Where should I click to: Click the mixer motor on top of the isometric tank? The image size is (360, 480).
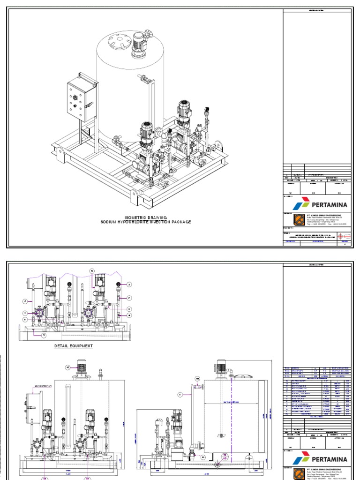point(140,43)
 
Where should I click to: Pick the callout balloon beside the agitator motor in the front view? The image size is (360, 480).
point(67,367)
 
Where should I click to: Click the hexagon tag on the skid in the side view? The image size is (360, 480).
point(225,456)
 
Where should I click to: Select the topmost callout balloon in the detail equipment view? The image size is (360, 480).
point(92,271)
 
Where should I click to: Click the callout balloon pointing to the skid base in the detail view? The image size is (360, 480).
point(44,336)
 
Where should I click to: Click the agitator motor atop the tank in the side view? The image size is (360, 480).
point(222,367)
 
